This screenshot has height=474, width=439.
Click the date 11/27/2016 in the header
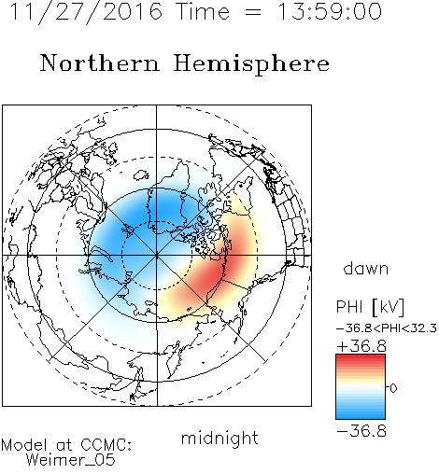[86, 12]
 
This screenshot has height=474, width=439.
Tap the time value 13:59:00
[330, 11]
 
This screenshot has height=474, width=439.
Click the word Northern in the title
[100, 63]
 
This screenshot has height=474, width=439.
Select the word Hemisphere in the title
[251, 64]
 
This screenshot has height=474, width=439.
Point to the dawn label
[366, 268]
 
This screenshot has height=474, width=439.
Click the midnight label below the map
[219, 438]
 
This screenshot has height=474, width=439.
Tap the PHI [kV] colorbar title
[370, 307]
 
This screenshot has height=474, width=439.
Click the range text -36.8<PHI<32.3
[387, 328]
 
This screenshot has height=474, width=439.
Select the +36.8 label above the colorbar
[361, 346]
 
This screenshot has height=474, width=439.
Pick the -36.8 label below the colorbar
[361, 431]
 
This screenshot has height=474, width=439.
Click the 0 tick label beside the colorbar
[393, 388]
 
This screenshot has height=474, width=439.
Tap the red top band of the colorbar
[361, 358]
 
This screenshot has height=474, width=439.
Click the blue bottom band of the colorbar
[361, 415]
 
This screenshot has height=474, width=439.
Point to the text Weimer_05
[71, 460]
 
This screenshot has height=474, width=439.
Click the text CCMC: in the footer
[106, 445]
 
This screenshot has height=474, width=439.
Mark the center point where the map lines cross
[157, 256]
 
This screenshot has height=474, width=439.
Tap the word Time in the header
[203, 11]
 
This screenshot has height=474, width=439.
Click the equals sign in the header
[253, 12]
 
